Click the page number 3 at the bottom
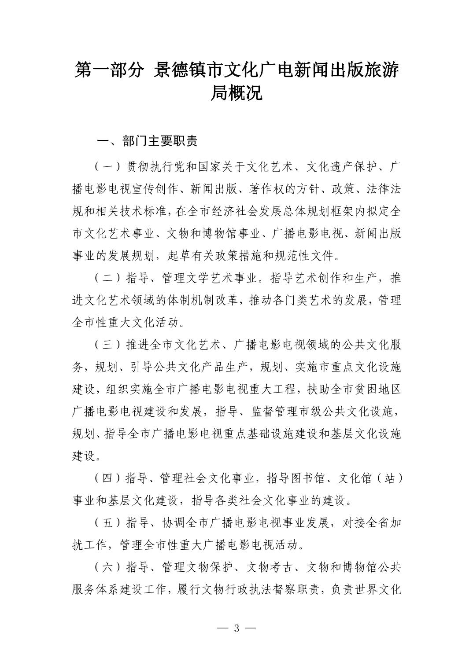pos(236,628)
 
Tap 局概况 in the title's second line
pos(236,94)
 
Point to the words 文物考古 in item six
pos(269,567)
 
